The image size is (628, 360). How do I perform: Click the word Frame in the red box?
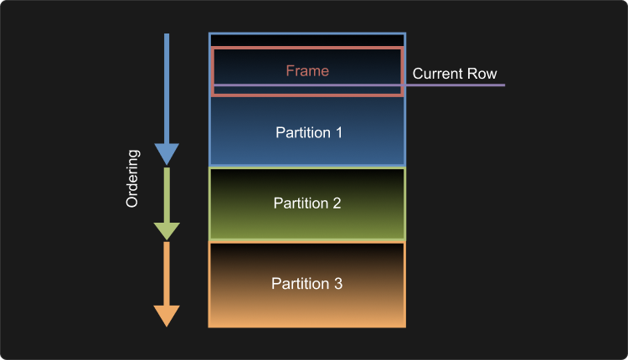click(x=307, y=71)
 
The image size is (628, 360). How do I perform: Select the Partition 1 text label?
click(x=307, y=132)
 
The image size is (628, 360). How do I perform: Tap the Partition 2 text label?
click(x=307, y=203)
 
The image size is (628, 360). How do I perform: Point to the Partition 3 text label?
click(x=307, y=284)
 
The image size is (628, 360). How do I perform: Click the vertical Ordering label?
click(x=132, y=179)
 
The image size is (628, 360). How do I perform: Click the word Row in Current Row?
click(x=482, y=74)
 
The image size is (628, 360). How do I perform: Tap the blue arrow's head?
click(x=167, y=153)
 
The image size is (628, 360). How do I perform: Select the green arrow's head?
click(x=167, y=231)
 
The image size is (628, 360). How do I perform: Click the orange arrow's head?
click(x=167, y=316)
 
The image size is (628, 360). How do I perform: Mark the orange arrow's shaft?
click(x=167, y=273)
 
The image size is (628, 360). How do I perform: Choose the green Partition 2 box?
click(x=307, y=226)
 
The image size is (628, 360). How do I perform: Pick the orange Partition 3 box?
click(x=307, y=310)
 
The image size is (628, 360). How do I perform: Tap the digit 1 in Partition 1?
click(x=339, y=132)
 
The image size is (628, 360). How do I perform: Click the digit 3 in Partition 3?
click(x=338, y=284)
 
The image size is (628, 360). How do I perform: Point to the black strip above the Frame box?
click(x=307, y=40)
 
